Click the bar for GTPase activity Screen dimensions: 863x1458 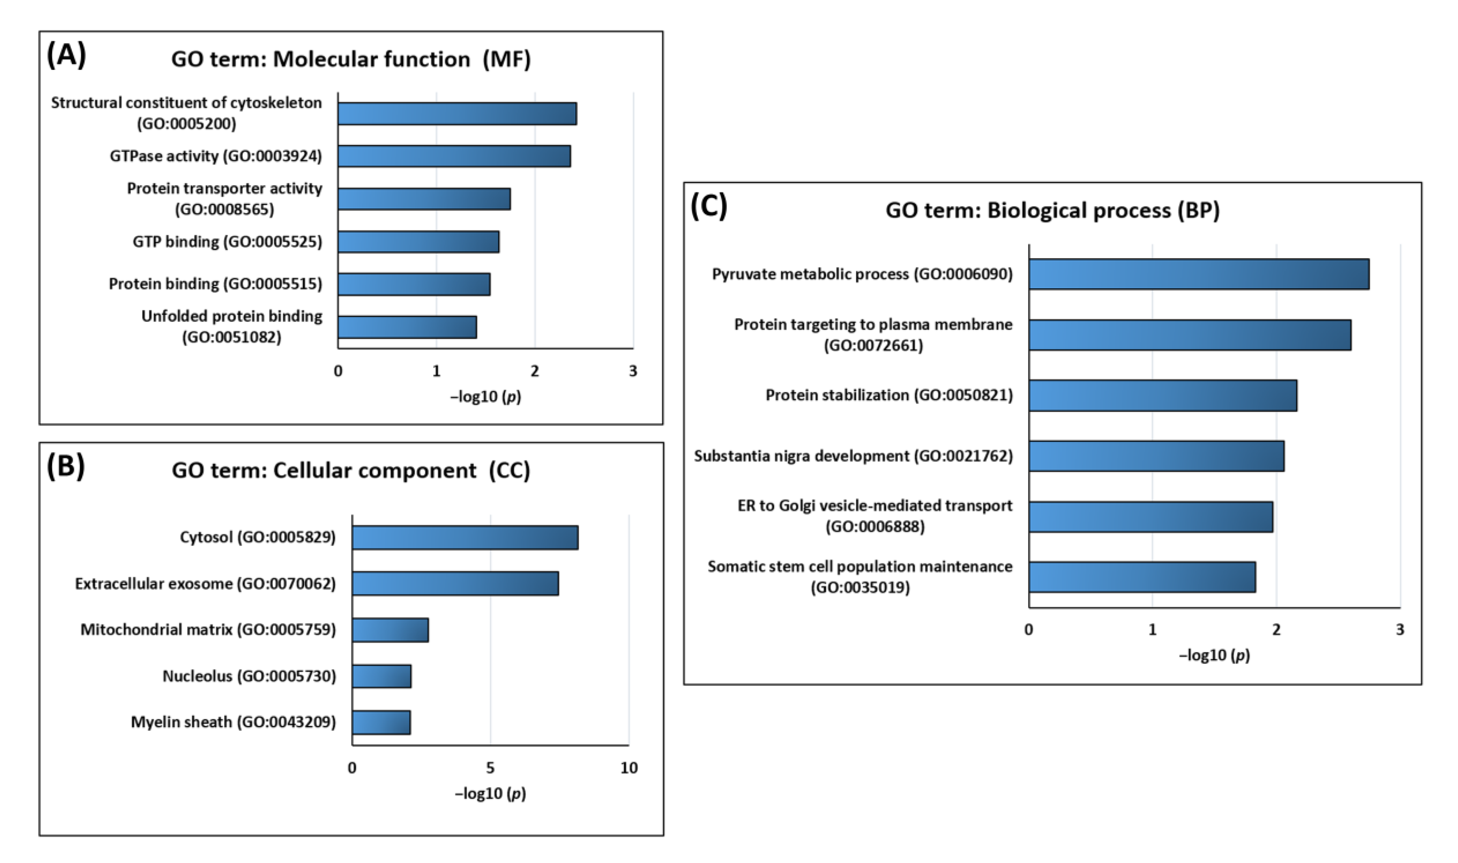[454, 156]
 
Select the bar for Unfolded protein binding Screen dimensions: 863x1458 [407, 327]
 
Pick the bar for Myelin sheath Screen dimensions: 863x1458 [381, 722]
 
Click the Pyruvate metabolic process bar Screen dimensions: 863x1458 [1198, 274]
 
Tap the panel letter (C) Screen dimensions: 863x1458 [708, 207]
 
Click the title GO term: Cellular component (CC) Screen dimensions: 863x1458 [351, 471]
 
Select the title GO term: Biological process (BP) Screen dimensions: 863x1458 [1052, 210]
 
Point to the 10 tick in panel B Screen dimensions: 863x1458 [629, 768]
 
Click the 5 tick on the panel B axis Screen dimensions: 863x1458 [490, 768]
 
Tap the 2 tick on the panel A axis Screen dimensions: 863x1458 [535, 371]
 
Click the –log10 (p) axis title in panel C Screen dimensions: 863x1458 [1214, 655]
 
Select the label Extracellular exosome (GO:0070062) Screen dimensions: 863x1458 [205, 583]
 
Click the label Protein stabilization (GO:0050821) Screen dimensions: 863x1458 [889, 395]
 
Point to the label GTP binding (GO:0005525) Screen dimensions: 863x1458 [227, 241]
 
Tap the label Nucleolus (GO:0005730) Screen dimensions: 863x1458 [249, 676]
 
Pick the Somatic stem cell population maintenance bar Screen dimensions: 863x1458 [1142, 577]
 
